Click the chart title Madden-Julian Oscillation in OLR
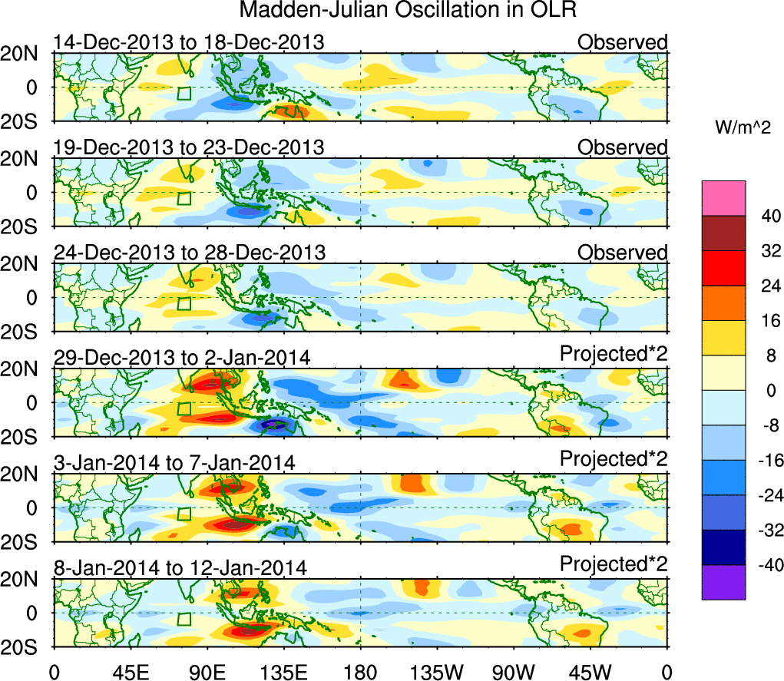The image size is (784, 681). (x=408, y=11)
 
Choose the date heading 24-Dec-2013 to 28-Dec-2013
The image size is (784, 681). (x=189, y=253)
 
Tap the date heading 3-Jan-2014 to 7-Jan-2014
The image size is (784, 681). (x=175, y=462)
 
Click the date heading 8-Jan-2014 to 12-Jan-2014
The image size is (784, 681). (x=180, y=568)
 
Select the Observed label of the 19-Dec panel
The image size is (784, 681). (x=623, y=147)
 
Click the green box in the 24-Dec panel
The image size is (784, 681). (x=184, y=303)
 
